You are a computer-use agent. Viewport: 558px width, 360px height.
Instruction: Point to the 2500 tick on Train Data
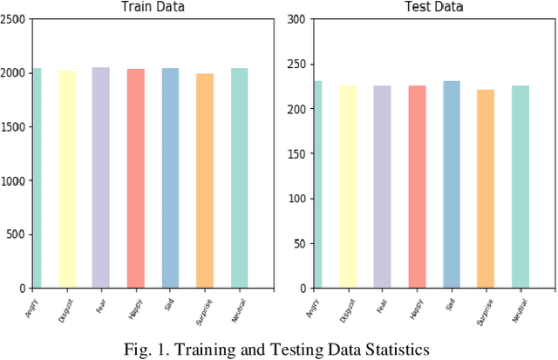coord(13,19)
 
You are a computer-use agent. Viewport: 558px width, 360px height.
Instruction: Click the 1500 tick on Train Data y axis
coord(13,127)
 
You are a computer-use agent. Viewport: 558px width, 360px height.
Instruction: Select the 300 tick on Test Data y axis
coord(296,19)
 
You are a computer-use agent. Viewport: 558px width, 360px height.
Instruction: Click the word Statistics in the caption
coord(397,350)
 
